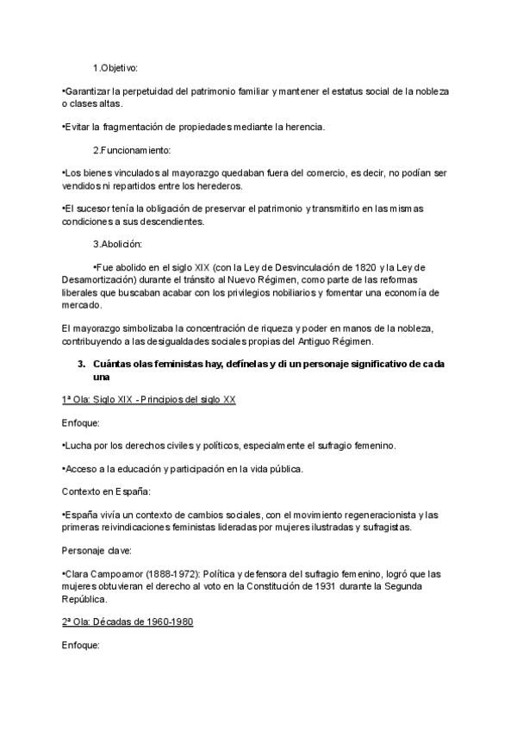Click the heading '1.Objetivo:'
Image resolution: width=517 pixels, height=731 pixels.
115,67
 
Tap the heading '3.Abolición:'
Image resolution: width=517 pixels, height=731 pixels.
119,243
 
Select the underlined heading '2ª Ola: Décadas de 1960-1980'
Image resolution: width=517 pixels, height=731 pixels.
128,622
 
